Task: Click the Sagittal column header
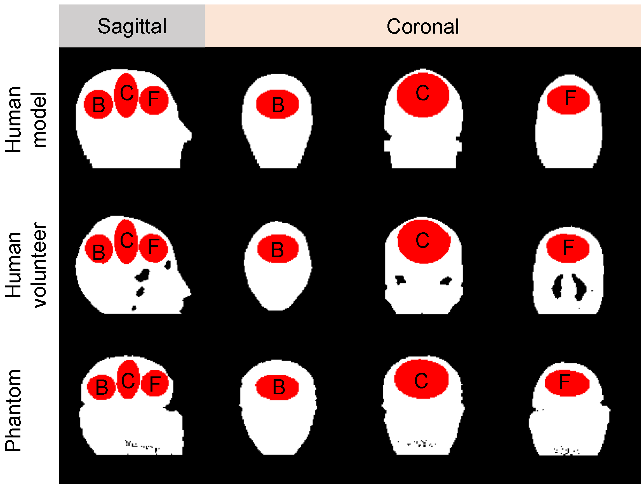132,26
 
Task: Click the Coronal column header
422,26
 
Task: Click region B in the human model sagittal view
98,104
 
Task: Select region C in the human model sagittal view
126,95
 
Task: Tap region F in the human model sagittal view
154,100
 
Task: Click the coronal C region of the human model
422,95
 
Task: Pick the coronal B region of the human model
278,104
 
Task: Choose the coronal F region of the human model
568,100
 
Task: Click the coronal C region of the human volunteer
424,242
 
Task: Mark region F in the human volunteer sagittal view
153,248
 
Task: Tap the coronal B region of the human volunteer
278,249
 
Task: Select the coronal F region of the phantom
567,383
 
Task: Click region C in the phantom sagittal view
128,380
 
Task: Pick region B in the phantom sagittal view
101,387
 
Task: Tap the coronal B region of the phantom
277,387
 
